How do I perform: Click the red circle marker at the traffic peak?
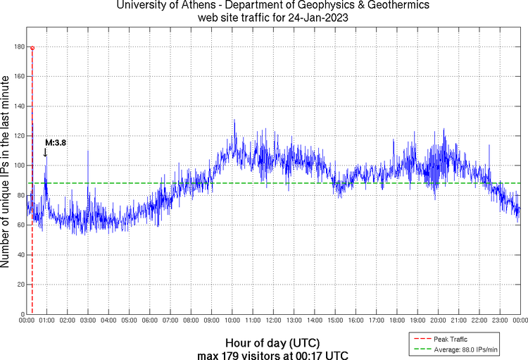pyautogui.click(x=32, y=48)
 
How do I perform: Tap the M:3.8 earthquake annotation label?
pyautogui.click(x=56, y=142)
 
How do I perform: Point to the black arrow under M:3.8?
pyautogui.click(x=46, y=151)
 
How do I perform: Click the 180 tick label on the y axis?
pyautogui.click(x=18, y=47)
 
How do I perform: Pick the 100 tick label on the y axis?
pyautogui.click(x=18, y=166)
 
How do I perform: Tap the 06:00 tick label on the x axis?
pyautogui.click(x=149, y=321)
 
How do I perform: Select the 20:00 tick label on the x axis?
pyautogui.click(x=437, y=321)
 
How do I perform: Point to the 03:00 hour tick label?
pyautogui.click(x=88, y=321)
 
